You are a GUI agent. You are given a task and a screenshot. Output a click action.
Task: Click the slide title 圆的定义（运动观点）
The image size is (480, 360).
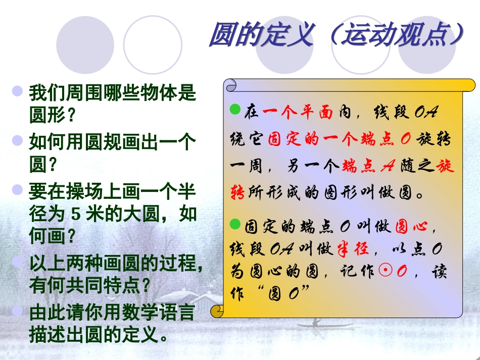[336, 35]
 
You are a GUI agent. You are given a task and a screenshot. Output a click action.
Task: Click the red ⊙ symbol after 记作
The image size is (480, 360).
[384, 272]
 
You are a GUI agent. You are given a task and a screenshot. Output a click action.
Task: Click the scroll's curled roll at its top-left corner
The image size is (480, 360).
[232, 85]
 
